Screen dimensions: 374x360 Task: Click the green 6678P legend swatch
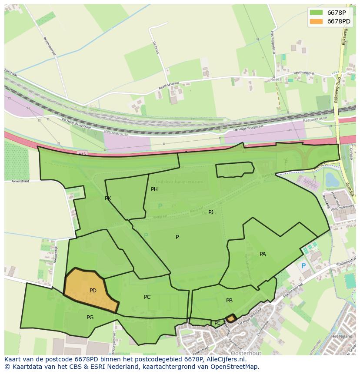click(316, 13)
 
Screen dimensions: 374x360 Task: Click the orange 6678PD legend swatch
click(316, 21)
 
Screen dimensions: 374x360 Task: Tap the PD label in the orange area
click(93, 291)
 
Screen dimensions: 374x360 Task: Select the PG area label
click(90, 318)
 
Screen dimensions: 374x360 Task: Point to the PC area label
click(147, 297)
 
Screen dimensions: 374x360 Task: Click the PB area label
click(229, 301)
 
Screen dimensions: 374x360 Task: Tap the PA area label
click(263, 254)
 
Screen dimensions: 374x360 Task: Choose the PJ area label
click(211, 212)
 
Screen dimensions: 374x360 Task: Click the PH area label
click(154, 189)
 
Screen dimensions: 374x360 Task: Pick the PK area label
click(108, 199)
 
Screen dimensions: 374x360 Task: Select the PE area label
click(217, 323)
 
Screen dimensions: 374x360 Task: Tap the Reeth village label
click(276, 80)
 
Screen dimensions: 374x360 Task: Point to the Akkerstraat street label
click(20, 181)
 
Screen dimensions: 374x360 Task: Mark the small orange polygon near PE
click(231, 319)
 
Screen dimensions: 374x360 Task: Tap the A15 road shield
click(83, 154)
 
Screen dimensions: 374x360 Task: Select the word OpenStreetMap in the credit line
click(237, 367)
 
